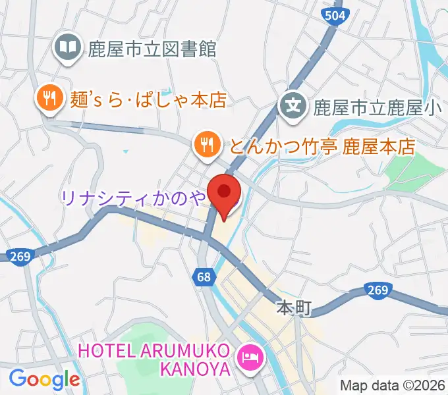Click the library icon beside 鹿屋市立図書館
coord(68,47)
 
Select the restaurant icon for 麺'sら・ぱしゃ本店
coord(49,99)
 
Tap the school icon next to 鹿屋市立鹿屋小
coord(292,103)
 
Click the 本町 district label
coord(291,308)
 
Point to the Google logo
coord(44,379)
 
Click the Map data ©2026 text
coord(391,385)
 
